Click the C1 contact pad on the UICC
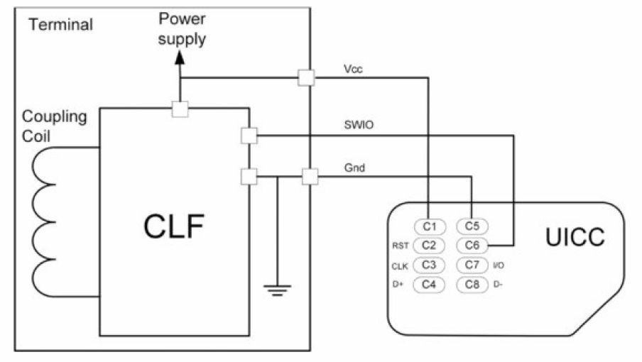[428, 226]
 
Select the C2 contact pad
[428, 246]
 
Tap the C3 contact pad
[428, 265]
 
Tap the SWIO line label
[359, 124]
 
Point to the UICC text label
[575, 236]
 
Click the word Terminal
[60, 25]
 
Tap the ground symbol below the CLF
[276, 288]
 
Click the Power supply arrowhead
[180, 60]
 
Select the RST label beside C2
[400, 246]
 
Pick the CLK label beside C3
[399, 265]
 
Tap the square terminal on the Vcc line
[306, 77]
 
